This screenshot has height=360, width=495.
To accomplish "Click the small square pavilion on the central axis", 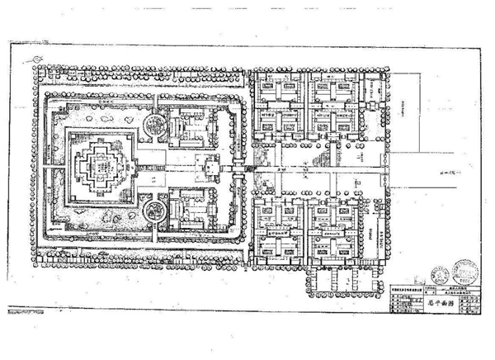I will [207, 171].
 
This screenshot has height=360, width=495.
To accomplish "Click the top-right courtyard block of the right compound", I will [338, 107].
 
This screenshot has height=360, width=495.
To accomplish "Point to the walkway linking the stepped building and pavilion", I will [165, 171].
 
